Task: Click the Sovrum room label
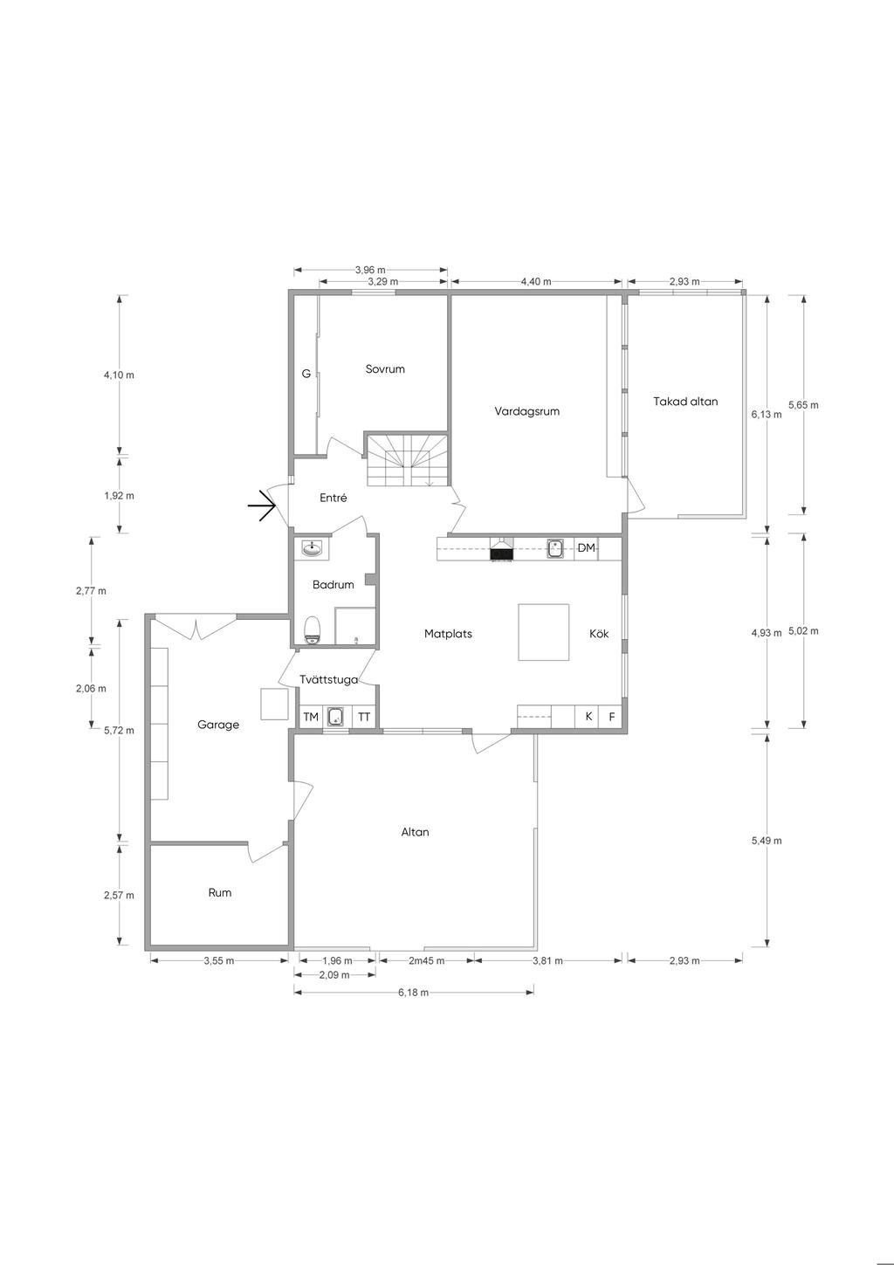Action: point(385,369)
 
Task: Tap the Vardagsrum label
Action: point(527,411)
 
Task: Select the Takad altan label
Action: point(685,402)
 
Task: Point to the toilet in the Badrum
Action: point(313,630)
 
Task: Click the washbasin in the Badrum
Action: point(313,547)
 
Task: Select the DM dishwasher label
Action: point(586,547)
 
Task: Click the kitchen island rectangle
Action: point(543,632)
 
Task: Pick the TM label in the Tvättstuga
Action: point(311,718)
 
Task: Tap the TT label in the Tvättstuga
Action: point(364,718)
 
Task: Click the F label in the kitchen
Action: point(612,718)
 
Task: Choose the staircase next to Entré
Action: point(407,460)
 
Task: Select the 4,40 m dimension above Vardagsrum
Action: point(536,282)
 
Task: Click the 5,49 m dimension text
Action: point(767,841)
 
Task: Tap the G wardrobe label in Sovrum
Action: point(306,374)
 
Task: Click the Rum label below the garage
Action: point(220,893)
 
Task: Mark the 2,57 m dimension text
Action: point(119,896)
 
